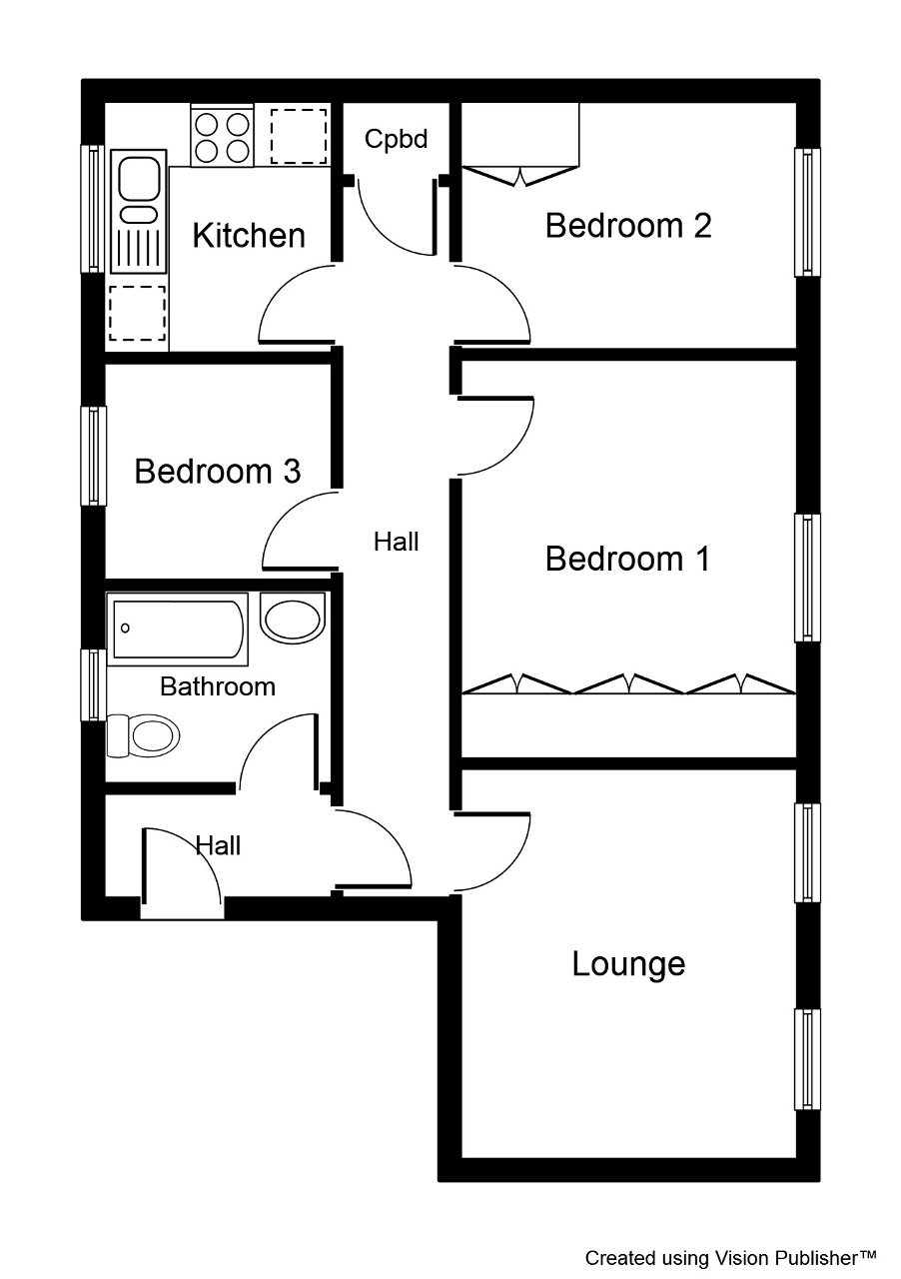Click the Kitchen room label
[x=249, y=235]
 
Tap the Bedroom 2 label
[x=628, y=225]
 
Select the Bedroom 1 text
[x=627, y=558]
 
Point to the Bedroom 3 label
[x=217, y=471]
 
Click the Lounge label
[x=628, y=965]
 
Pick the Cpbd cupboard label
[x=396, y=139]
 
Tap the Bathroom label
[x=218, y=686]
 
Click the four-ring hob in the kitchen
[x=222, y=136]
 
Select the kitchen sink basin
[x=139, y=179]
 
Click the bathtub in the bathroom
[x=178, y=630]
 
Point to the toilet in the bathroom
[x=143, y=735]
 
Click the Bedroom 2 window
[x=807, y=212]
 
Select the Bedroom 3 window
[x=94, y=456]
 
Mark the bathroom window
[x=94, y=684]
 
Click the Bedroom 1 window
[x=807, y=578]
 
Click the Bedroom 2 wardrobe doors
[x=520, y=176]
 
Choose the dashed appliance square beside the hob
[x=299, y=137]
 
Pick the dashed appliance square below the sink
[x=138, y=314]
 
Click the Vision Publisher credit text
[x=730, y=1258]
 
